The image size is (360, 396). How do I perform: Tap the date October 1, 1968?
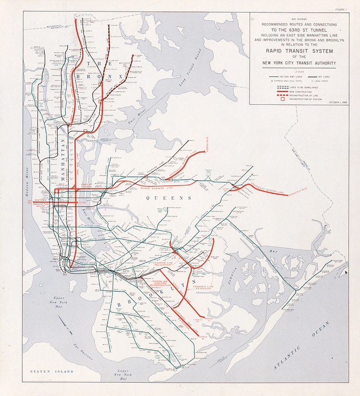point(338,102)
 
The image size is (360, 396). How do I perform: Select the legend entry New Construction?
point(300,91)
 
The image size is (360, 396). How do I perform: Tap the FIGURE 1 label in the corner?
point(341,10)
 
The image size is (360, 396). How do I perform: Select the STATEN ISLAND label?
point(51,371)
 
